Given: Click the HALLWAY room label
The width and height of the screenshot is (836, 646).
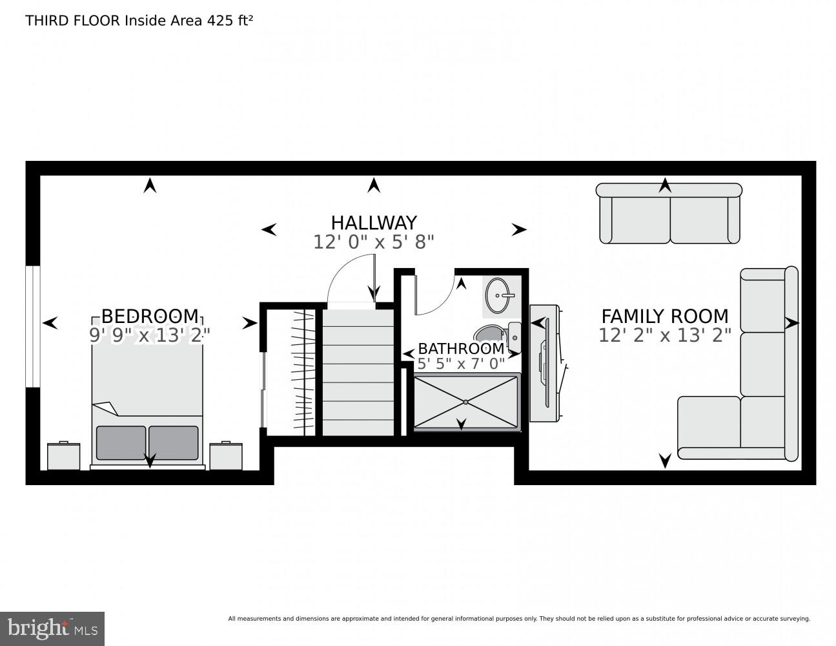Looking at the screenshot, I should [373, 223].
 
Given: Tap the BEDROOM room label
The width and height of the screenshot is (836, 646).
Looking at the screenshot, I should [150, 316].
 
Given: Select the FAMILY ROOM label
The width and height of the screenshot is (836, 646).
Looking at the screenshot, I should [664, 316].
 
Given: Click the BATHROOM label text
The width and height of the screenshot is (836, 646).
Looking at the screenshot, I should [460, 349].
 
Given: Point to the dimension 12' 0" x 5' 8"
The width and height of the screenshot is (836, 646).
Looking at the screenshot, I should [373, 242].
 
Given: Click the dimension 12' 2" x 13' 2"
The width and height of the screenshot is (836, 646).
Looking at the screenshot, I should [664, 336].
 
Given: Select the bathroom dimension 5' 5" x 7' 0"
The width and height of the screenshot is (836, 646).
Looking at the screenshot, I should [460, 364].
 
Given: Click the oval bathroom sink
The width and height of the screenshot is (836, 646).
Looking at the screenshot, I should [500, 295].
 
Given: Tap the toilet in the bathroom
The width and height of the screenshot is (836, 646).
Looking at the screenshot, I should [497, 333].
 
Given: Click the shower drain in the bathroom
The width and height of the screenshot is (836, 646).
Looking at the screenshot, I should [465, 402].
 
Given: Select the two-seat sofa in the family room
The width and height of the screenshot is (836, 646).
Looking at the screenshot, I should [668, 213].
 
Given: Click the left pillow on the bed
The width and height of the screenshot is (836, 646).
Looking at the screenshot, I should [121, 443].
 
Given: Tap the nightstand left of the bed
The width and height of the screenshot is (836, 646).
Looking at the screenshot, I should [63, 456].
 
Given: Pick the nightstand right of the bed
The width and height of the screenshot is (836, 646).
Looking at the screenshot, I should [225, 456].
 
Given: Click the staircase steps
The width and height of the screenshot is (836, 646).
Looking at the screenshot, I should [358, 372].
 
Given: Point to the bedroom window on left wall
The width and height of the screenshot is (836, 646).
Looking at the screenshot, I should [32, 326].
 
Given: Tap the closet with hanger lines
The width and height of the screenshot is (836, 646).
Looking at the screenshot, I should [291, 372].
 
